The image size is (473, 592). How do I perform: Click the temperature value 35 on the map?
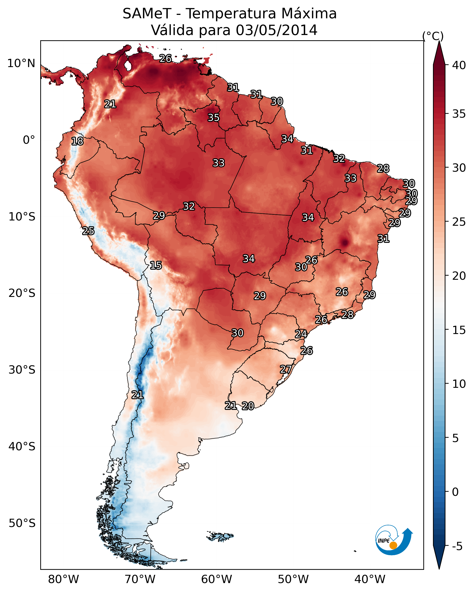coord(213,117)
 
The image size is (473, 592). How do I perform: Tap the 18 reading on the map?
coord(77,141)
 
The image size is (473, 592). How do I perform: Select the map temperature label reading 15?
coord(156,265)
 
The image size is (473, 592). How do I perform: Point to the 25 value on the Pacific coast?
coord(88,231)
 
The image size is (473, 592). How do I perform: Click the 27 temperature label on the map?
coord(286,369)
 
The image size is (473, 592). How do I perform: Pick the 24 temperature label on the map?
coord(301,334)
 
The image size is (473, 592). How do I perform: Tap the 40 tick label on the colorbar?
coord(459,65)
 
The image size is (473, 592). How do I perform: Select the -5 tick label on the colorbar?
coord(457,546)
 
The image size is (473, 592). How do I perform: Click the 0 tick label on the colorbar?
coord(455,492)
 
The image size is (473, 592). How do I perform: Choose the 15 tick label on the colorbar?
coord(459,330)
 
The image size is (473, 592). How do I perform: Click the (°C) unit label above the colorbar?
coord(433,36)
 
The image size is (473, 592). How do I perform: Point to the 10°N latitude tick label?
coord(21,63)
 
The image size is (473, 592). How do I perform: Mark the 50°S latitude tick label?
coord(22,523)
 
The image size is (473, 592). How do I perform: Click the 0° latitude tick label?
coord(29,140)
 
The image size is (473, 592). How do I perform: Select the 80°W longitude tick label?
coord(63,579)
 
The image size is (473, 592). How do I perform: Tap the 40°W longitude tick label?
coord(370,579)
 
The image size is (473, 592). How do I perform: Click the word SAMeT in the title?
coord(147,14)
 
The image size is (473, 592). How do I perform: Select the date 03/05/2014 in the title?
coord(276,30)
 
